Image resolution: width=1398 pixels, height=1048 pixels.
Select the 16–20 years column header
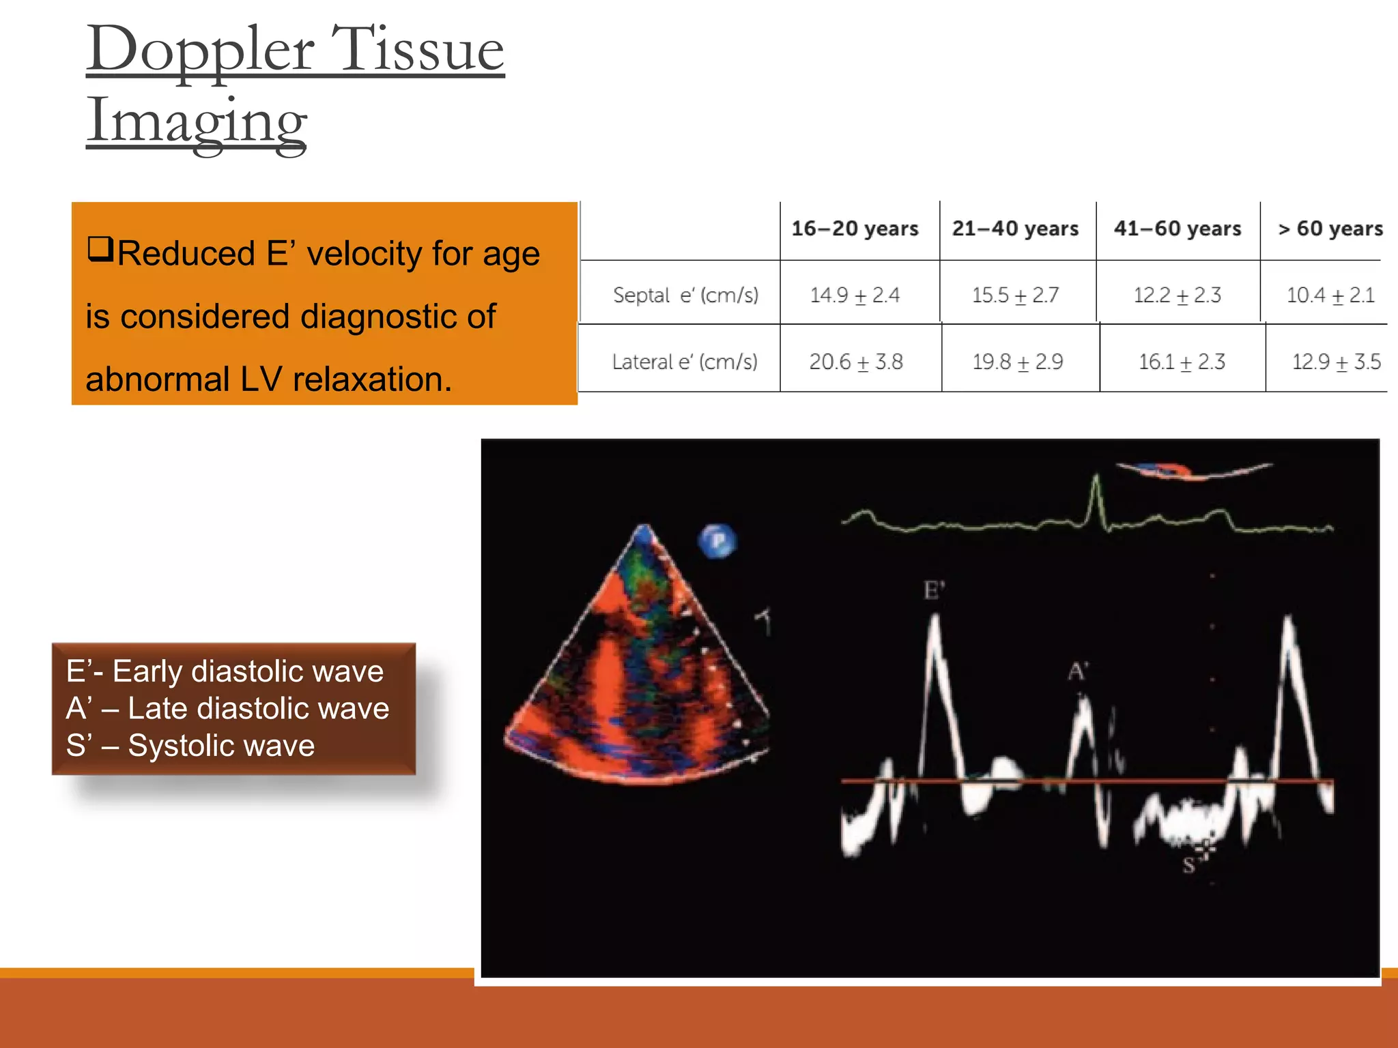[x=855, y=229]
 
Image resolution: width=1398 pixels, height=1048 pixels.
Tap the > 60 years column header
[x=1330, y=229]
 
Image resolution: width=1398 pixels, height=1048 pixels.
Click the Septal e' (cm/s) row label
[x=685, y=295]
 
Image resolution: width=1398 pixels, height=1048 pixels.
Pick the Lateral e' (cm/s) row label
[x=684, y=362]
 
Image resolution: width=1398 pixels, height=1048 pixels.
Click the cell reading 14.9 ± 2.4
[x=855, y=295]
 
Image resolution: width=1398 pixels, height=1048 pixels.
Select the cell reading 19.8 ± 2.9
[x=1017, y=362]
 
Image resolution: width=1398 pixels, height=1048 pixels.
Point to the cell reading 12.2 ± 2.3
[x=1177, y=295]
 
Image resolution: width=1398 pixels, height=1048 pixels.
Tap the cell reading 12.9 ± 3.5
[x=1336, y=362]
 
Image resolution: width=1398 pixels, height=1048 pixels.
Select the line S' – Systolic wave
[x=190, y=745]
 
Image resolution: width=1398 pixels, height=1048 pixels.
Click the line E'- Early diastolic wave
[x=225, y=671]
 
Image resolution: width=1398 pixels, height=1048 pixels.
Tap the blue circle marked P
[x=717, y=541]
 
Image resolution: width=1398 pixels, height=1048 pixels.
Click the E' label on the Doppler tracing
[x=934, y=590]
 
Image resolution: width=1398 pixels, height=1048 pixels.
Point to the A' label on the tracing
[x=1077, y=671]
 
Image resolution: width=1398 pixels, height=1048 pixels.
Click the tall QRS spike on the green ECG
[x=1096, y=498]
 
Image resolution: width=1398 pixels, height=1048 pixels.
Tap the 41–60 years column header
[x=1177, y=229]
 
